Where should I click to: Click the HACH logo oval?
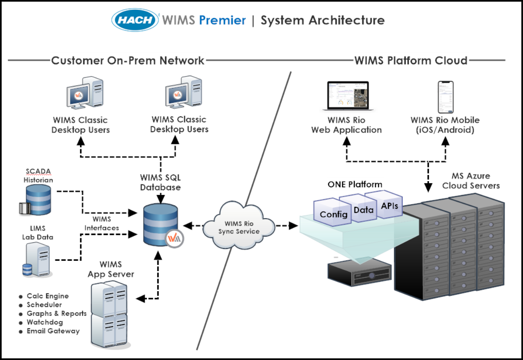pos(135,20)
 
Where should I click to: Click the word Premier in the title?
pos(222,20)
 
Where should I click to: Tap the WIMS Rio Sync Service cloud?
pos(239,225)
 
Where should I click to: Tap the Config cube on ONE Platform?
pos(333,213)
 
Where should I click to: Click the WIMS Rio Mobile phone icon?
pos(446,97)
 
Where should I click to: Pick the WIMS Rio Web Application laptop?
pos(348,96)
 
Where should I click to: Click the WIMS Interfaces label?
pos(102,223)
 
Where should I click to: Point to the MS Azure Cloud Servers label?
pos(471,181)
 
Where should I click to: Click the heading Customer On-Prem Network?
pos(128,60)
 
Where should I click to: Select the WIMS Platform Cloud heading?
pos(411,60)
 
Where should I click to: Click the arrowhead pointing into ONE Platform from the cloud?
pos(293,225)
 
